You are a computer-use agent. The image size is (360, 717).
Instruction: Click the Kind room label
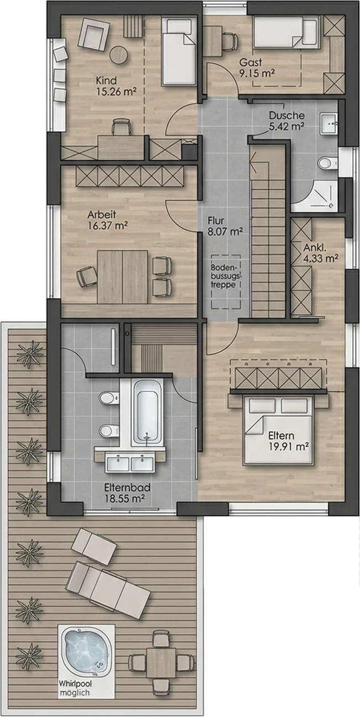pyautogui.click(x=106, y=80)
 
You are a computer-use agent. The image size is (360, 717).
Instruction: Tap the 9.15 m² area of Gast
pyautogui.click(x=257, y=74)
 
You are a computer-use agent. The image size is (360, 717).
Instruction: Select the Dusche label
pyautogui.click(x=286, y=115)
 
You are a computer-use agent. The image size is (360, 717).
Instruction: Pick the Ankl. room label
pyautogui.click(x=315, y=248)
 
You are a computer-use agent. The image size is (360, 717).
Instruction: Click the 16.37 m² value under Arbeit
pyautogui.click(x=108, y=226)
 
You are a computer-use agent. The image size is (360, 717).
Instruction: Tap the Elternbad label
pyautogui.click(x=127, y=488)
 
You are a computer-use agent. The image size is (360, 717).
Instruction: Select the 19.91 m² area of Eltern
pyautogui.click(x=289, y=447)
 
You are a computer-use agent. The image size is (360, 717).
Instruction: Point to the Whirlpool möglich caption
pyautogui.click(x=75, y=688)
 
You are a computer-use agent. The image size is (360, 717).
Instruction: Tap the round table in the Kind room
pyautogui.click(x=118, y=55)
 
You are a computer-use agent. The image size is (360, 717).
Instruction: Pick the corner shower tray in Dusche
pyautogui.click(x=315, y=196)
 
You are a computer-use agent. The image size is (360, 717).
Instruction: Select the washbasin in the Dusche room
pyautogui.click(x=329, y=123)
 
